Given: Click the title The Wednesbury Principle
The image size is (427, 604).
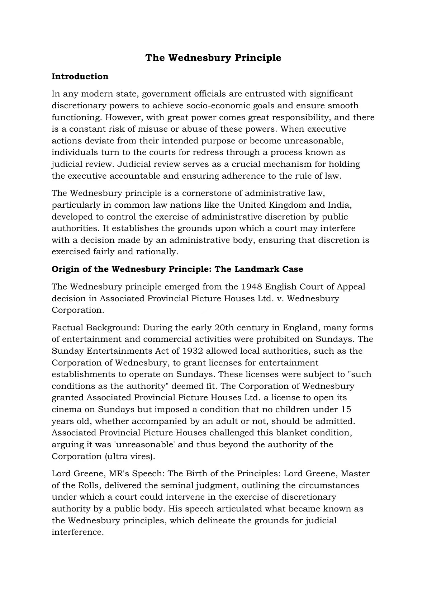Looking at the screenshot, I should pos(213,58).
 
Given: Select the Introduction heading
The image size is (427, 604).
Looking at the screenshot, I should pos(80,76).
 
